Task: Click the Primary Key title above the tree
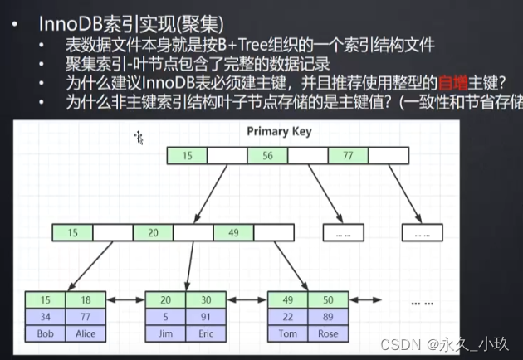click(280, 131)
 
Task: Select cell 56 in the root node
click(267, 154)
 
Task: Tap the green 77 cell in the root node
click(348, 154)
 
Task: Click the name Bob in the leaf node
click(45, 333)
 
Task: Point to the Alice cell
click(85, 333)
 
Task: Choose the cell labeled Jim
click(165, 333)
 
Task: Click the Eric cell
click(205, 333)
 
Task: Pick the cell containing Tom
click(287, 333)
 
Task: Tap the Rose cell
click(328, 333)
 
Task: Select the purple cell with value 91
click(205, 316)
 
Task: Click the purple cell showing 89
click(328, 316)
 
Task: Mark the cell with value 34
click(45, 316)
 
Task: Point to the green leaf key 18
click(85, 299)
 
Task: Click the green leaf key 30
click(205, 299)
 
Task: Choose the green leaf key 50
click(328, 299)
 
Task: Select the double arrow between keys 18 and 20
click(125, 300)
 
